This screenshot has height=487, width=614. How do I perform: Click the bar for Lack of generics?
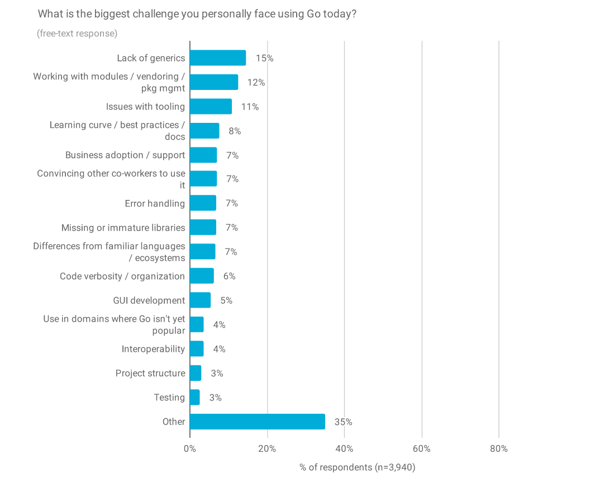(x=218, y=58)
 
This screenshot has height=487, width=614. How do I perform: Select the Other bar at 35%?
(x=258, y=422)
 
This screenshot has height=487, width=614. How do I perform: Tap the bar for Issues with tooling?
(x=211, y=107)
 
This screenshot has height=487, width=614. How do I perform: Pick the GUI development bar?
(x=200, y=300)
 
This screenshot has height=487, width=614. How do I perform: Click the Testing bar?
(x=194, y=398)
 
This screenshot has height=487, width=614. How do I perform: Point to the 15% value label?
(x=264, y=58)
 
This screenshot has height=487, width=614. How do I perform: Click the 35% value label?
(x=343, y=422)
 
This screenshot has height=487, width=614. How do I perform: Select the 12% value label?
(x=256, y=83)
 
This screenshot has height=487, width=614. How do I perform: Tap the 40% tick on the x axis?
(x=344, y=448)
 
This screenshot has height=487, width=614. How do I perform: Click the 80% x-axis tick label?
(x=498, y=448)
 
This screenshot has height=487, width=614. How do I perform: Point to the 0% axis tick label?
(x=190, y=448)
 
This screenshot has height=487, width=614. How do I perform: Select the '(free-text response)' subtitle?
(x=77, y=34)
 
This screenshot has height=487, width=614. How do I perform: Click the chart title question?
(x=197, y=14)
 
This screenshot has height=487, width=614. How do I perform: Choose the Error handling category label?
(x=155, y=203)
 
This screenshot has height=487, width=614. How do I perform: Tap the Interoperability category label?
(x=153, y=349)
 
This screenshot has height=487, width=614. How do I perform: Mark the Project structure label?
(x=150, y=373)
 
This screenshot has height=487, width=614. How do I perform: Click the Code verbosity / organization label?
(x=122, y=276)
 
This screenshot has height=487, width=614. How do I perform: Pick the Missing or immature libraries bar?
(x=203, y=227)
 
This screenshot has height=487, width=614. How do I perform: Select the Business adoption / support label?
(x=125, y=155)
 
